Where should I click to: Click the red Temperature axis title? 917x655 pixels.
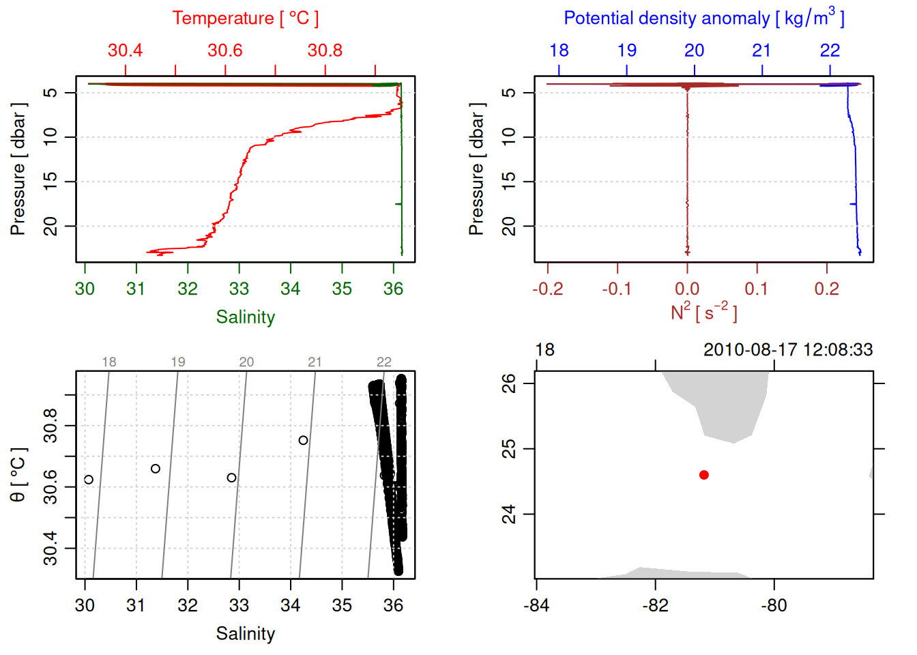pos(245,18)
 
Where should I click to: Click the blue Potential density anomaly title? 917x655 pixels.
pos(703,18)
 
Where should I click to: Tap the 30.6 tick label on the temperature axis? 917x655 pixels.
pos(225,50)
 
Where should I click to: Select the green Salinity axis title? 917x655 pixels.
pos(245,317)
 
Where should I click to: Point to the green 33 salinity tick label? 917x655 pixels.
pos(239,289)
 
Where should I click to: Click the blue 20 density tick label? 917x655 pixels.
pos(694,50)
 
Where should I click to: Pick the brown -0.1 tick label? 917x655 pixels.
pos(617,289)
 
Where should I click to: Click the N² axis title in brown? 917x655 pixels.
pos(703,312)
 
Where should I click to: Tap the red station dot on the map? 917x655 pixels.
pos(704,475)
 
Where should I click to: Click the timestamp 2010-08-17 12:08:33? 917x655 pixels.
pos(788,350)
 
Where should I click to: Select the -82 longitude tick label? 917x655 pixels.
pos(655,605)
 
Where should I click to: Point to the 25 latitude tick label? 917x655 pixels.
pos(509,449)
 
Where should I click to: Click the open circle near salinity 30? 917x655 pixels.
pos(89,480)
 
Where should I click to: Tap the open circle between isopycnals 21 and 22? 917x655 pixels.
pos(303,440)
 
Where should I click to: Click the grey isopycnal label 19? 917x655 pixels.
pos(178,362)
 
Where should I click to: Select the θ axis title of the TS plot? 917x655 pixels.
pos(18,475)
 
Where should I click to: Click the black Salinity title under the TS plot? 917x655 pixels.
pos(245,634)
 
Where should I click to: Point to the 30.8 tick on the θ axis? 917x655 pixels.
pos(50,426)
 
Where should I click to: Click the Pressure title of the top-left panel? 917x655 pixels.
pos(18,169)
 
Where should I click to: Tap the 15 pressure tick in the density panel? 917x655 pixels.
pos(509,181)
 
